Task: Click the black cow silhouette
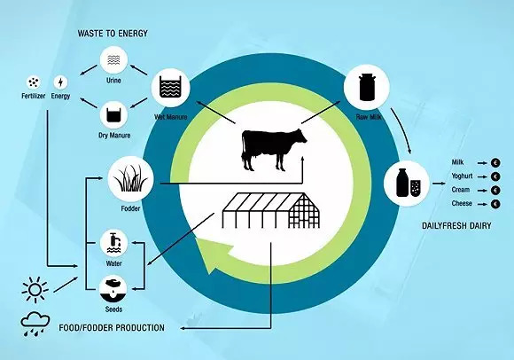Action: (x=273, y=150)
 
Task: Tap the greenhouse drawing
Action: (x=271, y=210)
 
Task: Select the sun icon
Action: (x=35, y=290)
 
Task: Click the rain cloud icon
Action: (x=35, y=324)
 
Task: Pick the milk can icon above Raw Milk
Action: (x=367, y=87)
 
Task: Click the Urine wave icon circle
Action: (x=113, y=60)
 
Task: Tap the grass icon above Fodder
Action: (x=131, y=179)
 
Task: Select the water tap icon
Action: (x=113, y=244)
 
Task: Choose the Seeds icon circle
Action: (x=113, y=289)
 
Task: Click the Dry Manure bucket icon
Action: (x=113, y=115)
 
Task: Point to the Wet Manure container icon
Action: (x=170, y=88)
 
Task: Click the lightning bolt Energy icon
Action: (x=60, y=82)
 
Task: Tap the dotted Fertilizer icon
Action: (x=33, y=82)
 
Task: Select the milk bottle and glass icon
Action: (x=407, y=184)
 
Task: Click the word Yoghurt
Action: (x=462, y=176)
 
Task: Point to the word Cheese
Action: (x=462, y=203)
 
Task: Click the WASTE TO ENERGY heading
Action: (x=113, y=34)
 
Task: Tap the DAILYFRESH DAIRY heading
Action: (x=456, y=225)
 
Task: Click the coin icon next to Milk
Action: (x=495, y=162)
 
